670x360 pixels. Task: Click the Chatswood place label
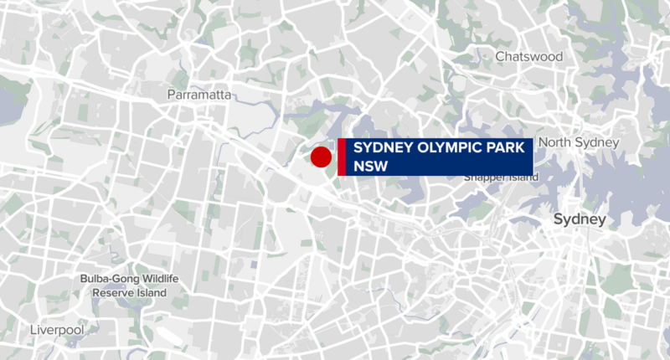click(528, 57)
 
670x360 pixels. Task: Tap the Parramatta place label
click(199, 95)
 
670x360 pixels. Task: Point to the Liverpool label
click(57, 331)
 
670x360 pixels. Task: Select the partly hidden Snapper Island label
click(498, 177)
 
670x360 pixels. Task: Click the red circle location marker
click(321, 157)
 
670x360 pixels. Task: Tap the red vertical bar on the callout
click(342, 157)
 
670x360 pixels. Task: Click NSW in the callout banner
click(368, 166)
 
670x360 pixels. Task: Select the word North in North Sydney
click(555, 143)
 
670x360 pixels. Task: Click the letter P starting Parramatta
click(172, 95)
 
